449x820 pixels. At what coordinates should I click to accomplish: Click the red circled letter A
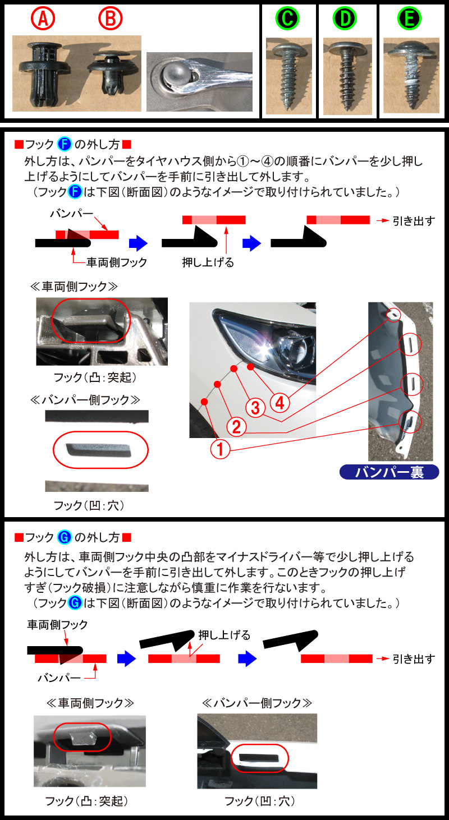coord(43,19)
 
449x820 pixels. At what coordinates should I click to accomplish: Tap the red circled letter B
coord(110,19)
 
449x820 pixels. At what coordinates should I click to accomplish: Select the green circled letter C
coord(287,19)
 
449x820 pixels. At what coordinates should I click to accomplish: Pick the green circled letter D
coord(345,19)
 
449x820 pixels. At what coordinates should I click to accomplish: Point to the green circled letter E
coord(409,19)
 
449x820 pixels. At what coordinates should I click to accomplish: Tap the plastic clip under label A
coord(43,73)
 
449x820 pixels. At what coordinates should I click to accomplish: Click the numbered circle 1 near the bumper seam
coord(220,449)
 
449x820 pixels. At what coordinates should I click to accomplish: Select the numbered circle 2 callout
coord(236,427)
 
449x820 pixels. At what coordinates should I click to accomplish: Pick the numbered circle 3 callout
coord(255,407)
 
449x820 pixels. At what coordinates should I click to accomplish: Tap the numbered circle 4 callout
coord(280,403)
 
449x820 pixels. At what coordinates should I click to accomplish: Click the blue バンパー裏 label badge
coord(390,472)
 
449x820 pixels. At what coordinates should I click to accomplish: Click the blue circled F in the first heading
coord(65,144)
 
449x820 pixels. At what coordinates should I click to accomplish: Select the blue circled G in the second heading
coord(65,537)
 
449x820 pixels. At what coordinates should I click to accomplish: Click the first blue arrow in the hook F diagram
coord(138,243)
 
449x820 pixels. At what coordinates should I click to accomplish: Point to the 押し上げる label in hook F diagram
coord(208,262)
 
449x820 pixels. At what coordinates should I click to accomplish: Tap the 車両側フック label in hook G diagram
coord(57,624)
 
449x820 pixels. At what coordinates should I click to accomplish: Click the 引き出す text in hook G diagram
coord(414,659)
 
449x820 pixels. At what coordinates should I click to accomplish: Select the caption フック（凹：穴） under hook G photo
coord(260,801)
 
